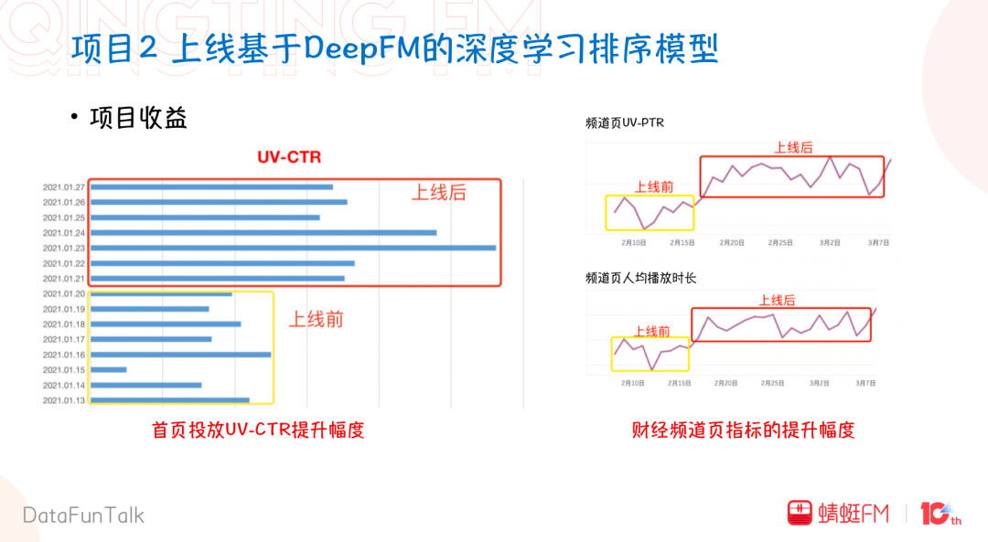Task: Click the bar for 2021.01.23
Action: coord(293,248)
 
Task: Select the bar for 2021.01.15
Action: coord(109,369)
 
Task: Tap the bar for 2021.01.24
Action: coord(263,232)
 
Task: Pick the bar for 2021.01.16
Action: coord(181,355)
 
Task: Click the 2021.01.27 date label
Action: coord(63,187)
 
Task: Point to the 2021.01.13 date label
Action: coord(63,400)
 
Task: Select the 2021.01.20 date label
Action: coord(63,293)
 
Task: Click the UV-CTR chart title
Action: coord(288,157)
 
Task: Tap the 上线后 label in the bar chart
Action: coord(438,193)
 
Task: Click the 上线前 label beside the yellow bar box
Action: coord(317,320)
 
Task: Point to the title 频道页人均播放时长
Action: coord(640,277)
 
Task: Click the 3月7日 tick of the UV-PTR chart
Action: coord(878,243)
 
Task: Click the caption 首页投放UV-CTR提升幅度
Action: coord(258,430)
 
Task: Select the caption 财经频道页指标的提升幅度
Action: coord(743,430)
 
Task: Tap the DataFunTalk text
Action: coord(84,515)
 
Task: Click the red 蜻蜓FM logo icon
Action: coord(800,513)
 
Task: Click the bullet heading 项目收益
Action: coord(138,118)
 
